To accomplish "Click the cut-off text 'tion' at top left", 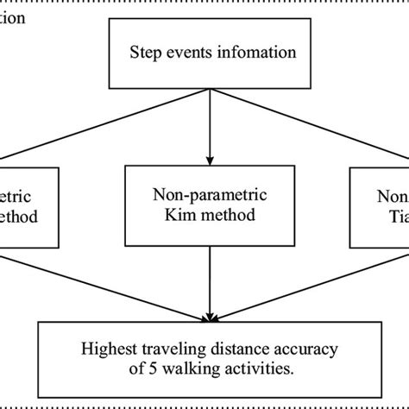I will tap(12, 15).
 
